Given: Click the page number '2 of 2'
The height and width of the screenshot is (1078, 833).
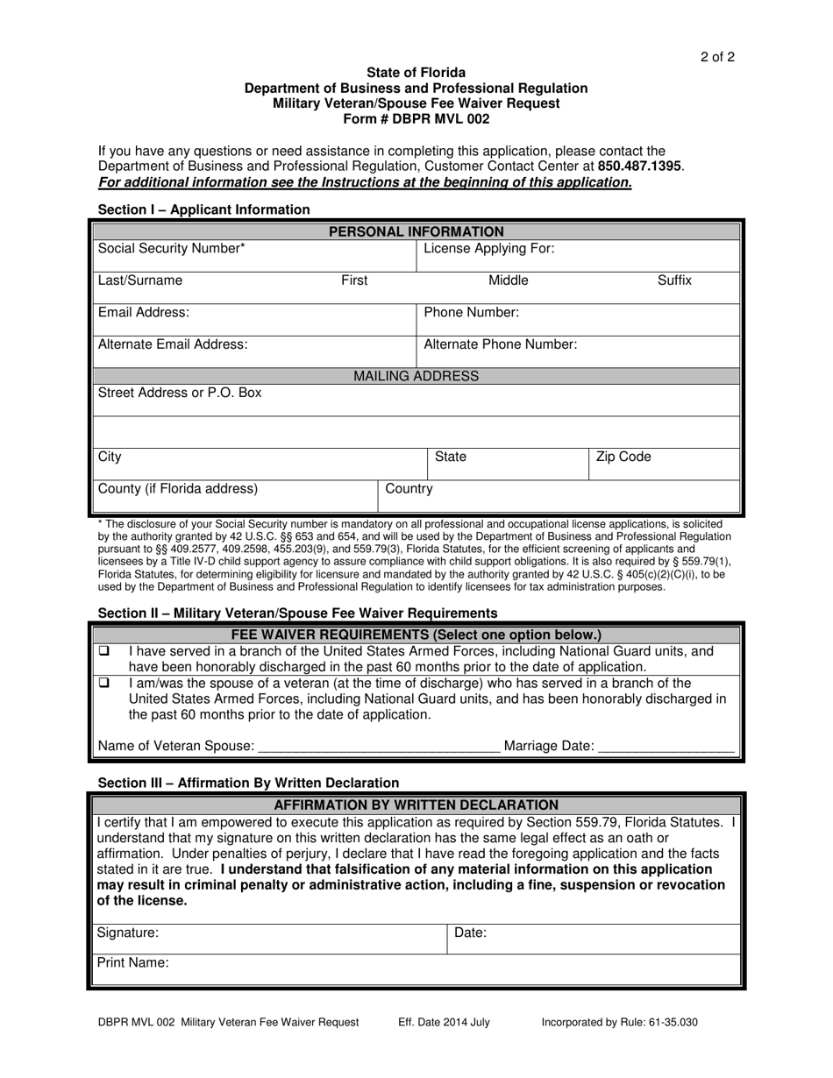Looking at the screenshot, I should pos(717,58).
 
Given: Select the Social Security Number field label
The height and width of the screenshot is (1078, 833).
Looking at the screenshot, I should pos(172,249).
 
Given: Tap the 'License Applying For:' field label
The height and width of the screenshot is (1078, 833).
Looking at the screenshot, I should pos(489,249).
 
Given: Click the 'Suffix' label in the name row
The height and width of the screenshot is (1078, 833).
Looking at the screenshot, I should pos(674,280).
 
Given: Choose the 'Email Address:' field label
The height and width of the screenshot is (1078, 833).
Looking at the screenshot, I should pos(144,312).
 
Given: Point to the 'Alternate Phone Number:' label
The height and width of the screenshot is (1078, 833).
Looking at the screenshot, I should pos(501,344).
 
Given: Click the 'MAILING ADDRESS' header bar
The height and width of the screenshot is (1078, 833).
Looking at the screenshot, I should pos(416,376).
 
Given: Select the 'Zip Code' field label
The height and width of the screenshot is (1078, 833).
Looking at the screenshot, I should pos(623,457).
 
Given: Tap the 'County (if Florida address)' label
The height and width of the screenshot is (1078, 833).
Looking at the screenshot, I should pos(178,488).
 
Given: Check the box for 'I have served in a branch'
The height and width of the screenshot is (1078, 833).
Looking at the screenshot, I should pos(103,652).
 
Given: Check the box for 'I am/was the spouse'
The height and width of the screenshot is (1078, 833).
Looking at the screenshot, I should pos(103,683).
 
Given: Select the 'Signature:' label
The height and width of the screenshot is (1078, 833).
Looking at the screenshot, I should pos(128,933).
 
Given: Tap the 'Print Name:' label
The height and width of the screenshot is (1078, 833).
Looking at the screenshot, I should pos(133,962).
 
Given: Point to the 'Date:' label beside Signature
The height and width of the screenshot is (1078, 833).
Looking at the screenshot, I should pos(470,933).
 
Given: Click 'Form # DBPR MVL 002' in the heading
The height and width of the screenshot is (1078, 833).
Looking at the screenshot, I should pos(416,118).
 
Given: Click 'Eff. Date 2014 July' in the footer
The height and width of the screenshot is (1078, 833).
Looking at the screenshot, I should pos(444,1022).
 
